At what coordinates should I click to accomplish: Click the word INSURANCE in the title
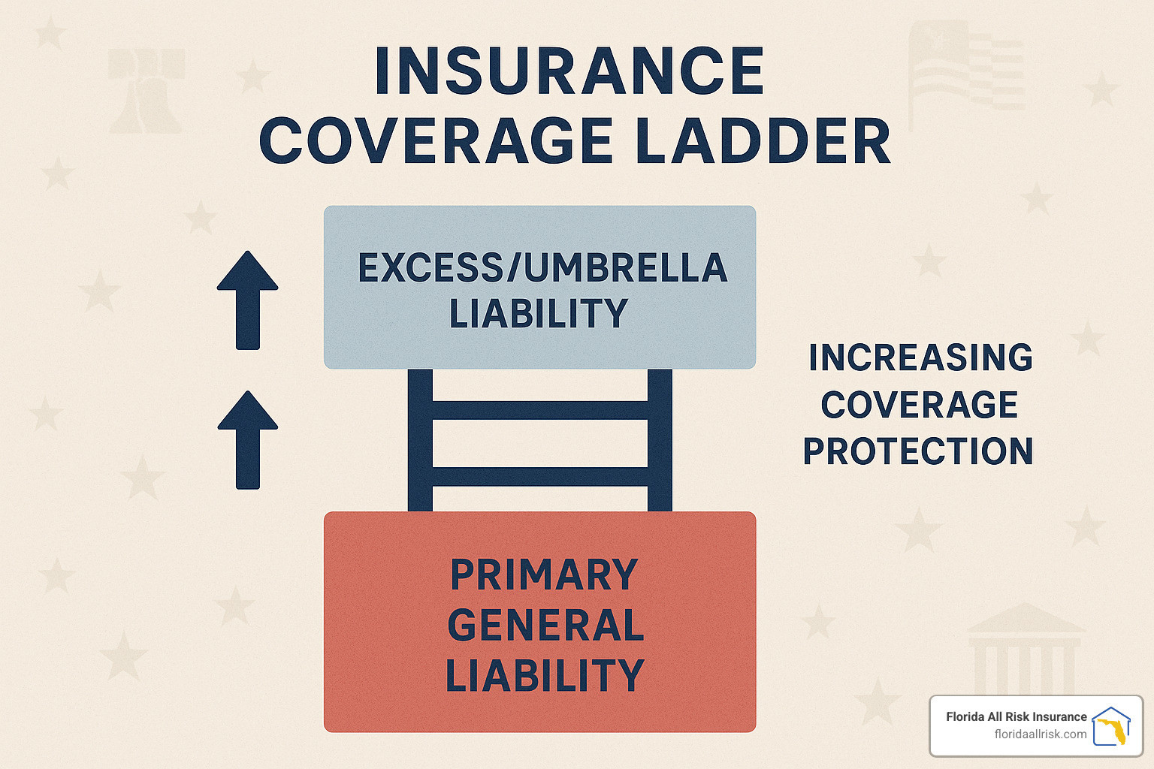[569, 71]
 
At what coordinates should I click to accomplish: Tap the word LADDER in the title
[763, 140]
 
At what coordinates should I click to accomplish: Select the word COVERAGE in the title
[437, 140]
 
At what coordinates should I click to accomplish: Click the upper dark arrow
[247, 300]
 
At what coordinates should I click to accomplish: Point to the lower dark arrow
[247, 439]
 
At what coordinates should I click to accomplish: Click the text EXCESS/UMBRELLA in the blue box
[542, 268]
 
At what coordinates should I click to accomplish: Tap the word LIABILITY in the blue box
[539, 313]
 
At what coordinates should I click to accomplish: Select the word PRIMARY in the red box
[544, 574]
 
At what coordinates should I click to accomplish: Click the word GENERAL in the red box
[545, 625]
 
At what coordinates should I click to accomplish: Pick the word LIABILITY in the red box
[545, 674]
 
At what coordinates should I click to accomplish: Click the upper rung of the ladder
[540, 410]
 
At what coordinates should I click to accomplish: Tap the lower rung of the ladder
[540, 476]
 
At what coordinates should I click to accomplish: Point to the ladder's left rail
[420, 440]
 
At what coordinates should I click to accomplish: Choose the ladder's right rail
[660, 440]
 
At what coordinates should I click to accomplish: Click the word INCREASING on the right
[920, 357]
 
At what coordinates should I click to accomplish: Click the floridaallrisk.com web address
[1041, 734]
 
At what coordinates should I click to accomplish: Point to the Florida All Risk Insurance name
[1017, 716]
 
